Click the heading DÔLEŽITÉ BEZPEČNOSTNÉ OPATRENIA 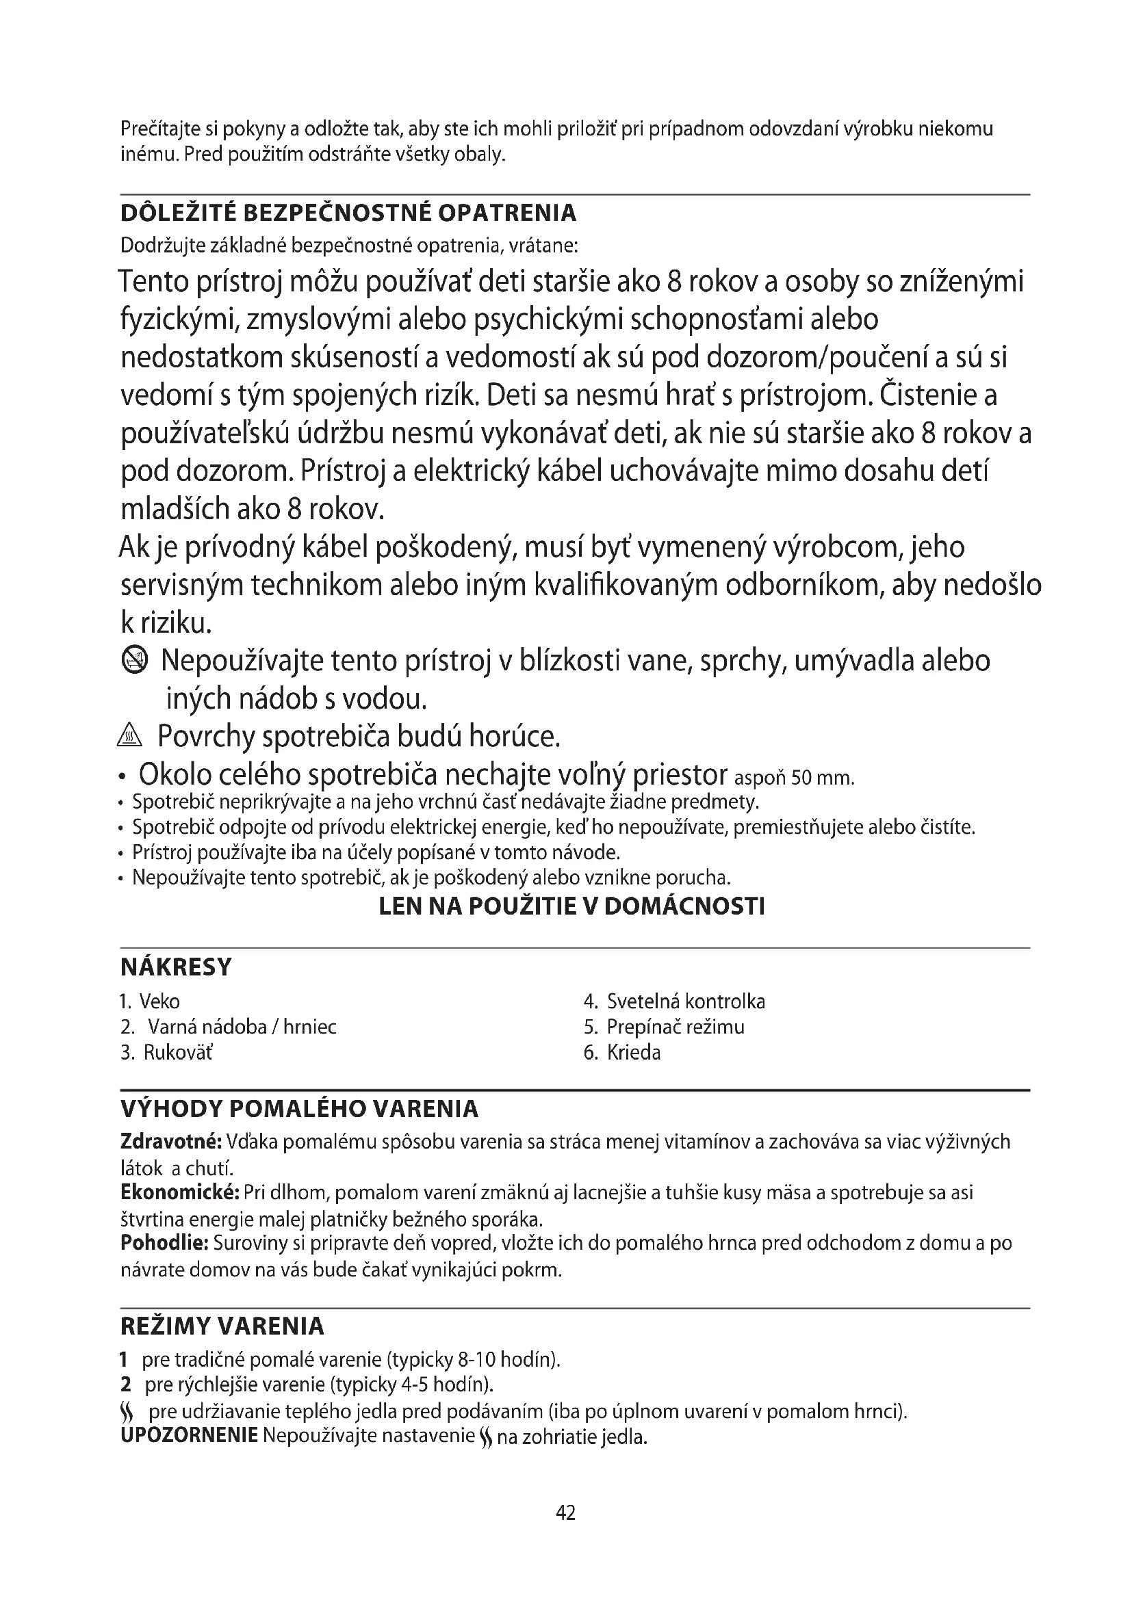coord(348,213)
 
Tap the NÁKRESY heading coord(176,967)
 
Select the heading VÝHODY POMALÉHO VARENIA coord(300,1110)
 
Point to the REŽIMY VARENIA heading coord(222,1326)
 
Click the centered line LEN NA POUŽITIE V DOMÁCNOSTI coord(571,906)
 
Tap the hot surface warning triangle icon coord(130,736)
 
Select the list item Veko coord(159,1002)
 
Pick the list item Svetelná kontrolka coord(686,1002)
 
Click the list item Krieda coord(634,1052)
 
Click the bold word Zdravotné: coord(171,1142)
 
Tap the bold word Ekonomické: coord(180,1192)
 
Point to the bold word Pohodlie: coord(164,1242)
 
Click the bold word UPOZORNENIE coord(189,1437)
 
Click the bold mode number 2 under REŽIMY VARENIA coord(125,1384)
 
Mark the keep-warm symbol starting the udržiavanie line coord(126,1413)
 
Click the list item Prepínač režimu coord(675,1027)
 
